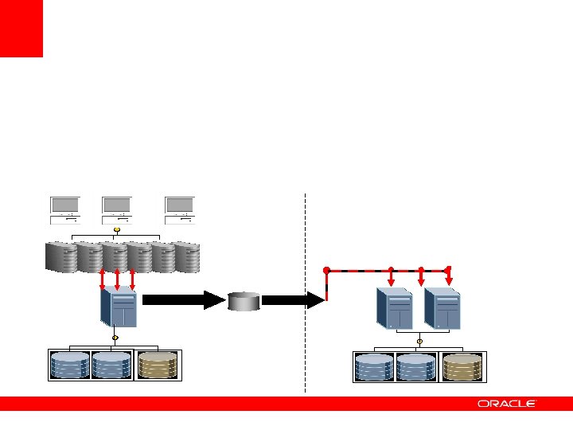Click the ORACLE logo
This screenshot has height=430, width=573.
[507, 404]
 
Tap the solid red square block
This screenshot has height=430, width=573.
[21, 29]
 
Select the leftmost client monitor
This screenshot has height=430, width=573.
[62, 209]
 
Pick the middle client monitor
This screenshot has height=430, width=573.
[118, 209]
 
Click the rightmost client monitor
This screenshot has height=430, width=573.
[180, 209]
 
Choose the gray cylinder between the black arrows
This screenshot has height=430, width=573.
[244, 301]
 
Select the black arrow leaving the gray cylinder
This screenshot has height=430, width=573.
[290, 300]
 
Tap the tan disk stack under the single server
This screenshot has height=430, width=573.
[158, 365]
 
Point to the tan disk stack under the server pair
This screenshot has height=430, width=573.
[462, 367]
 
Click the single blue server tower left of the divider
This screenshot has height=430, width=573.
[119, 307]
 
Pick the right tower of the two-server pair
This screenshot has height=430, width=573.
[442, 307]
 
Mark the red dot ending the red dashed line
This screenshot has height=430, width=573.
[326, 270]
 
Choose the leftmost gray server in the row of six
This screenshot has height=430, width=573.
[61, 256]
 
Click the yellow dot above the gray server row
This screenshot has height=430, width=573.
[117, 231]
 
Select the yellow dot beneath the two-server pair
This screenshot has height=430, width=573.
[419, 342]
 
